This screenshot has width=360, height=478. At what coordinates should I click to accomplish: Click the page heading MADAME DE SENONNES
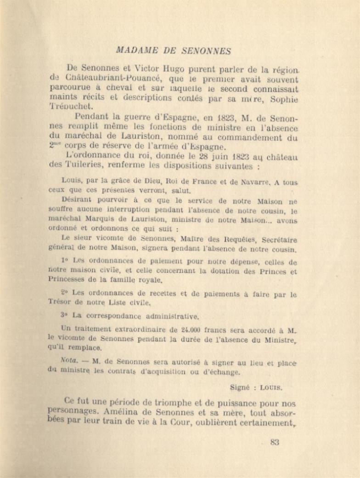[174, 51]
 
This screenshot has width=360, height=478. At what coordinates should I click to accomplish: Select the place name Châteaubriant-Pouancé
[110, 79]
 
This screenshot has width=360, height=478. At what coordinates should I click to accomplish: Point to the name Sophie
[284, 99]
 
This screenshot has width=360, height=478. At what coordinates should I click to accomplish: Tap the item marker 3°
[65, 316]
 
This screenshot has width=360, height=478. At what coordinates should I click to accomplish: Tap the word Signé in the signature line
[240, 387]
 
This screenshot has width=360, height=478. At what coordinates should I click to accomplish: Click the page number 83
[275, 443]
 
